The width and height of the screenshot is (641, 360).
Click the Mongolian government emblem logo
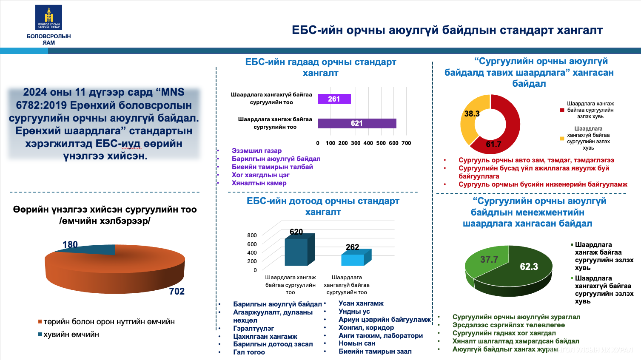click(48, 17)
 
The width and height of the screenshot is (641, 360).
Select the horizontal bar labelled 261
click(334, 99)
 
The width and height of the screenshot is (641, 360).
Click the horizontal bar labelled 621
click(357, 123)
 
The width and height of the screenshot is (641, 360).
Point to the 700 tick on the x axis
click(406, 143)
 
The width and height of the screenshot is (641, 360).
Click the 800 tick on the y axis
click(252, 235)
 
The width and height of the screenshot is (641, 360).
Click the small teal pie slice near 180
click(91, 249)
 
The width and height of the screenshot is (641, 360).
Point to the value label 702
click(177, 292)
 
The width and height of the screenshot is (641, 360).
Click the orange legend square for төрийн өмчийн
click(40, 322)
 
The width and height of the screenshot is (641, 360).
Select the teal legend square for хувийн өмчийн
click(40, 334)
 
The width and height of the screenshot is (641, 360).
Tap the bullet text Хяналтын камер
click(259, 183)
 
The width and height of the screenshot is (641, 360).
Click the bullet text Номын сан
click(357, 343)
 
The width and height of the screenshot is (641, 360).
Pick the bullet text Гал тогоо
click(249, 352)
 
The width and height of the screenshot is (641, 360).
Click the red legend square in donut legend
click(562, 110)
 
